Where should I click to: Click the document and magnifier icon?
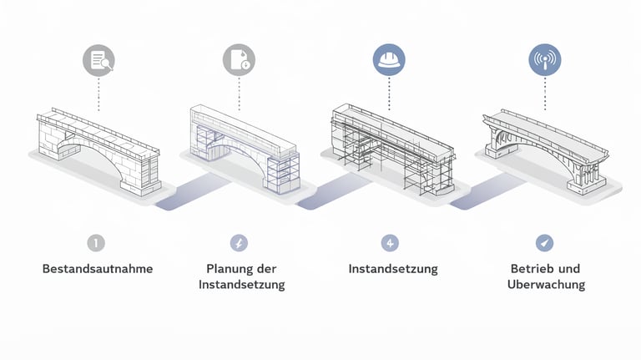point(98,60)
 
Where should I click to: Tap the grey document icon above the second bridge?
point(240,60)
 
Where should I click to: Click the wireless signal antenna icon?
point(545,60)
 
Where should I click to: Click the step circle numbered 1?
point(97,243)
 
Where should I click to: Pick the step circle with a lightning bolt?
point(240,243)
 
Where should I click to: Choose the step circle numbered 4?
point(390,243)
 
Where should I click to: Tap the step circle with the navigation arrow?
point(545,243)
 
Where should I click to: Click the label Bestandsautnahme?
point(98,269)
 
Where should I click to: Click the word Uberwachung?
point(546,285)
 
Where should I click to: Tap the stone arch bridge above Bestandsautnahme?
point(98,150)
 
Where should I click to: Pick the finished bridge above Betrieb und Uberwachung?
point(544,146)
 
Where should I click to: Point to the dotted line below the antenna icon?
point(545,93)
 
